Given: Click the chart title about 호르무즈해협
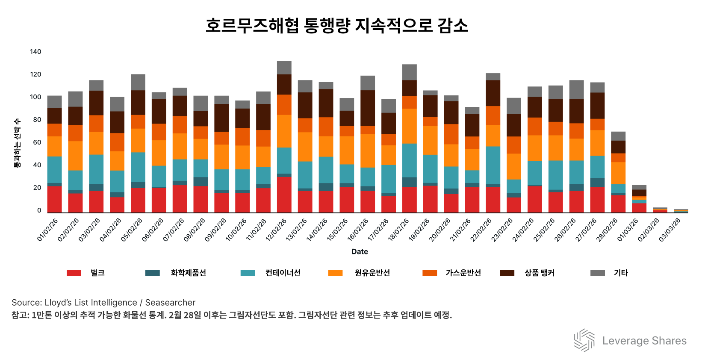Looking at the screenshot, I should pyautogui.click(x=337, y=26).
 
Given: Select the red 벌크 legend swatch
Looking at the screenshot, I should pyautogui.click(x=74, y=273).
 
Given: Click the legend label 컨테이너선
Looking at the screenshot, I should pyautogui.click(x=283, y=273).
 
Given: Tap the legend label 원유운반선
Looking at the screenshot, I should pyautogui.click(x=372, y=273).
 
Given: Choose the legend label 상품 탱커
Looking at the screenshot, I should pyautogui.click(x=539, y=273).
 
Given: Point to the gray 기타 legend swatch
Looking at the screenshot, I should pyautogui.click(x=597, y=273).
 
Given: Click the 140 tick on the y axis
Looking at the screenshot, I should pyautogui.click(x=35, y=52).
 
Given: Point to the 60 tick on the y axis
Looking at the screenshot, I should pyautogui.click(x=38, y=142).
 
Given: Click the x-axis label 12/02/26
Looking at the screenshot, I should pyautogui.click(x=276, y=230).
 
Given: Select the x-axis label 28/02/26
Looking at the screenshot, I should pyautogui.click(x=607, y=230).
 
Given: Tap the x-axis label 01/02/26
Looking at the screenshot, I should pyautogui.click(x=47, y=230).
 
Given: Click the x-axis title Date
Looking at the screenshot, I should pyautogui.click(x=360, y=251).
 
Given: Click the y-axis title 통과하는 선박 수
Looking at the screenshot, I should pyautogui.click(x=18, y=143).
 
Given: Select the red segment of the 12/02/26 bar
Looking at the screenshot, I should pyautogui.click(x=284, y=195).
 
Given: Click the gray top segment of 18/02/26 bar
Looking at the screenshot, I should pyautogui.click(x=410, y=72).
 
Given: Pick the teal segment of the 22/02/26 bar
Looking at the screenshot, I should pyautogui.click(x=493, y=165).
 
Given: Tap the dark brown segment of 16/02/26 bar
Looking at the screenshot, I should pyautogui.click(x=368, y=108).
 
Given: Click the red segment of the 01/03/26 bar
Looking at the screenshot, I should pyautogui.click(x=639, y=208).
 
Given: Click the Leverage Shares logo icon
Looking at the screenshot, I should pyautogui.click(x=584, y=340).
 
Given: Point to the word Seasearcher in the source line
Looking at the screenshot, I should pyautogui.click(x=170, y=303).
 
